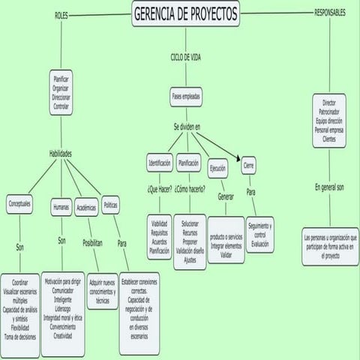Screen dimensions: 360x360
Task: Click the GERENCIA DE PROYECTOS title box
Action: (x=185, y=14)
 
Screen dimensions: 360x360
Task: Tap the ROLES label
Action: (x=62, y=15)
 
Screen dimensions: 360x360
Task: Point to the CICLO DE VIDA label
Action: (x=185, y=57)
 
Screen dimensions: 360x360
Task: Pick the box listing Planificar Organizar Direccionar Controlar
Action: (x=61, y=94)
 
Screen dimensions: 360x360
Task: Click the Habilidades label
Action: (x=61, y=153)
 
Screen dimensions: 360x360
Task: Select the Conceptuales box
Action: (x=19, y=204)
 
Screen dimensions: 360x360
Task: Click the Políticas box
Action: (x=110, y=202)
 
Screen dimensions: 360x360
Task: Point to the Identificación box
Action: (x=159, y=163)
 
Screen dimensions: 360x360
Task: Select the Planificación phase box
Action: (x=188, y=163)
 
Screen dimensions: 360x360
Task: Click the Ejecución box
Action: (x=218, y=168)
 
